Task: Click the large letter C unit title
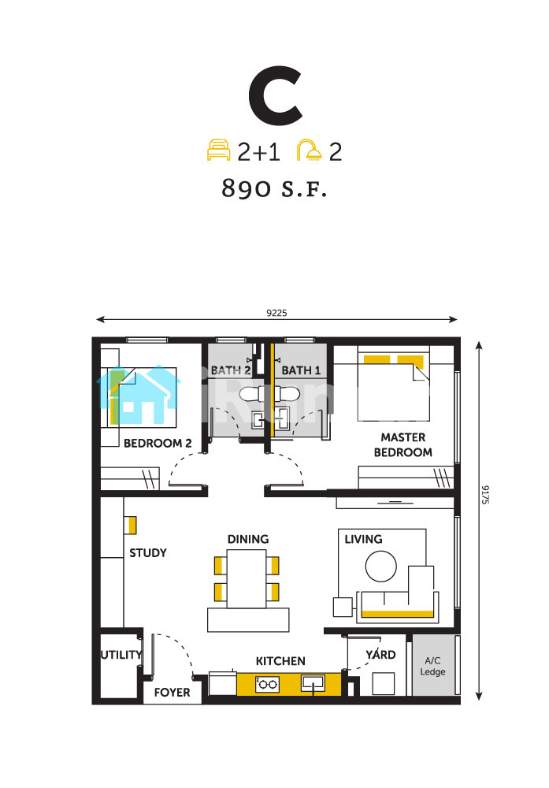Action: [x=275, y=95]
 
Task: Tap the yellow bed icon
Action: [x=218, y=151]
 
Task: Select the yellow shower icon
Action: [x=309, y=151]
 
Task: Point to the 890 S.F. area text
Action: [x=274, y=188]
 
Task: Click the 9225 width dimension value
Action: [x=276, y=313]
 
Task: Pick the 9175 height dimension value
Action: [x=485, y=495]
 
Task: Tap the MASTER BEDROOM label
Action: [x=402, y=444]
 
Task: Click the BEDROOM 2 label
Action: [x=158, y=443]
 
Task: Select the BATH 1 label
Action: [x=301, y=370]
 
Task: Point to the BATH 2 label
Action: [x=231, y=370]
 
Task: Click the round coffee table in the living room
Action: [x=381, y=567]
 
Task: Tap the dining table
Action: [x=246, y=579]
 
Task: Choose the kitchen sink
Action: [x=313, y=683]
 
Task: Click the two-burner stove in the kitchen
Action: [x=268, y=684]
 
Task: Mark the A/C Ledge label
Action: [x=432, y=666]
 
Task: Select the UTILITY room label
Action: [x=121, y=655]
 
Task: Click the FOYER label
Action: [x=172, y=693]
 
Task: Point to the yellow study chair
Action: [x=130, y=525]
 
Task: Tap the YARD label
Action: [x=380, y=654]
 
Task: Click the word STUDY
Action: [x=148, y=553]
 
